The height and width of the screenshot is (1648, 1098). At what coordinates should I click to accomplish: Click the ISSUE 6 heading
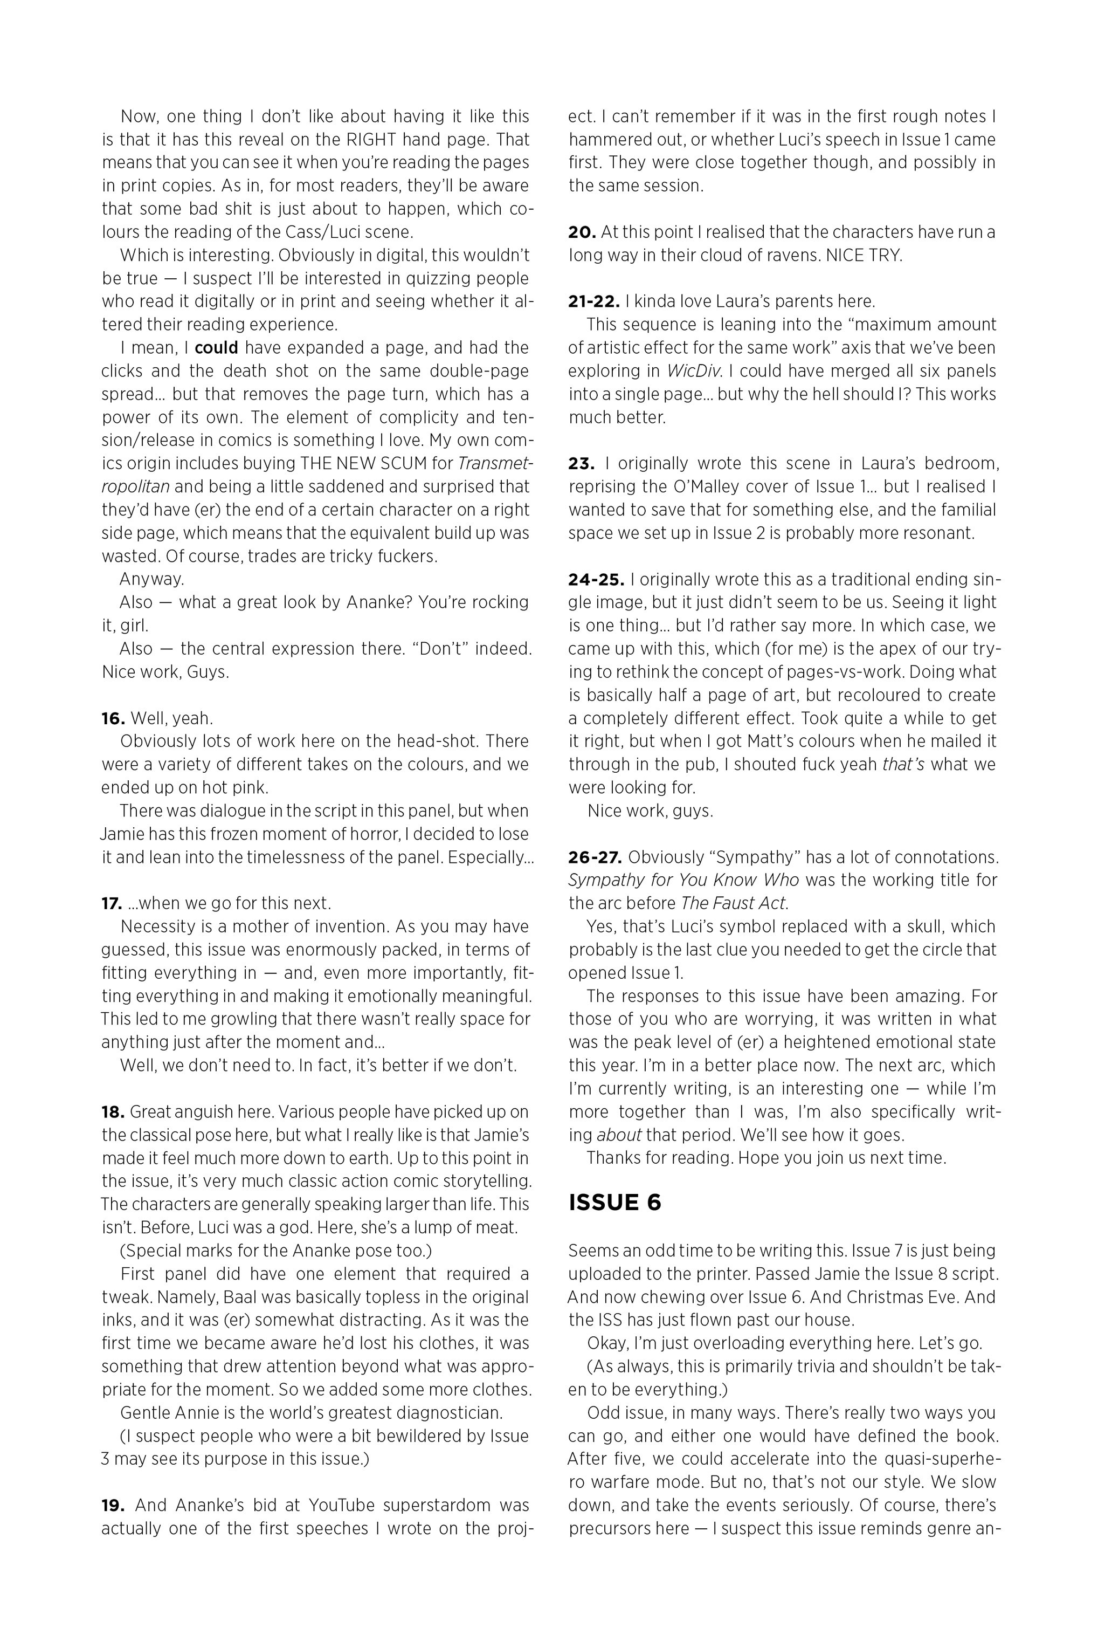[615, 1203]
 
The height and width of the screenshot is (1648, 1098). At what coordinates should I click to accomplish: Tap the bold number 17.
[112, 903]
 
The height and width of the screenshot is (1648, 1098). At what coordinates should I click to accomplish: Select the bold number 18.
[113, 1111]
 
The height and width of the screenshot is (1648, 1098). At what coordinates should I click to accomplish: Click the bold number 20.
[581, 232]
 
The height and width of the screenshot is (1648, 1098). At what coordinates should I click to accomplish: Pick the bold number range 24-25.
[596, 579]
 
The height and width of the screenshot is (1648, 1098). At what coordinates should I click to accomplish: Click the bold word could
[216, 347]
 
